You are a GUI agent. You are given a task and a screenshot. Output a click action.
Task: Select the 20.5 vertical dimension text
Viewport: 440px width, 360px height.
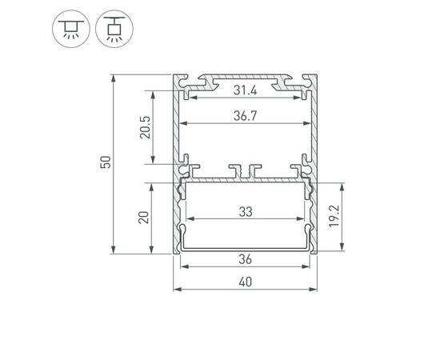tap(145, 127)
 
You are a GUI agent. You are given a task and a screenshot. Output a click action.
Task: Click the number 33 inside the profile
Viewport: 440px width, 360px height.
tap(246, 212)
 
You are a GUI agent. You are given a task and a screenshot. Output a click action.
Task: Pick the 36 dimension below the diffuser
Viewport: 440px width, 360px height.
tap(245, 259)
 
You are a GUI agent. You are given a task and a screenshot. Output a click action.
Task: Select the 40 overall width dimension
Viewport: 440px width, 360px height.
tap(245, 281)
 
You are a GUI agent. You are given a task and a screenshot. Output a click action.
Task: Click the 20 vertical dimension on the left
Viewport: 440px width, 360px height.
tap(145, 217)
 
